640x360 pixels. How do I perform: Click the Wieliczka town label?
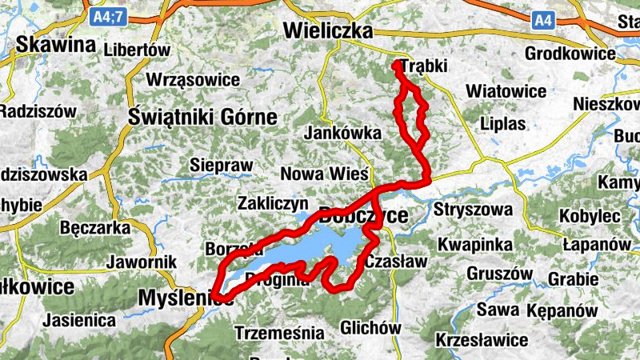point(330,31)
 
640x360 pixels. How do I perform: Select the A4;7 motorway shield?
point(107,16)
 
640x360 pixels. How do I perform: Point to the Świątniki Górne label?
point(202,118)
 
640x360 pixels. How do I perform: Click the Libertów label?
point(137,50)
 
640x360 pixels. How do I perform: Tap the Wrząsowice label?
point(193,80)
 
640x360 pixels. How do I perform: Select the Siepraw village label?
point(221,166)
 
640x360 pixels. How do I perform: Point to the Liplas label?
point(503,124)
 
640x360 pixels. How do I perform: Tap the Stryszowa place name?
point(472,211)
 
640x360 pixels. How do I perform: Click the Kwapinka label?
point(473,242)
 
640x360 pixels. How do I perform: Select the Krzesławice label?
point(482,340)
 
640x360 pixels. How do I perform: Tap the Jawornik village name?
point(138,262)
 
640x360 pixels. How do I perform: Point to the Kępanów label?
point(563,310)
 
